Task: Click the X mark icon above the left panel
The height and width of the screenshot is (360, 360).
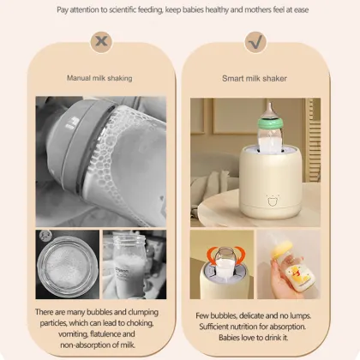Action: point(103,41)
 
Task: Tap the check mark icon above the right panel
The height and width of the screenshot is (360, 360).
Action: point(255,41)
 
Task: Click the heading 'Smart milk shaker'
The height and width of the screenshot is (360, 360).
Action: point(255,77)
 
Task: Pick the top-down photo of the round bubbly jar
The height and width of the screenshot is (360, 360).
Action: point(66,263)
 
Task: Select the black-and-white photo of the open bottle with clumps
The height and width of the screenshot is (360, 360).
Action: point(135,263)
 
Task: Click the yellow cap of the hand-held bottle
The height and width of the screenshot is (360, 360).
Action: point(303,249)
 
